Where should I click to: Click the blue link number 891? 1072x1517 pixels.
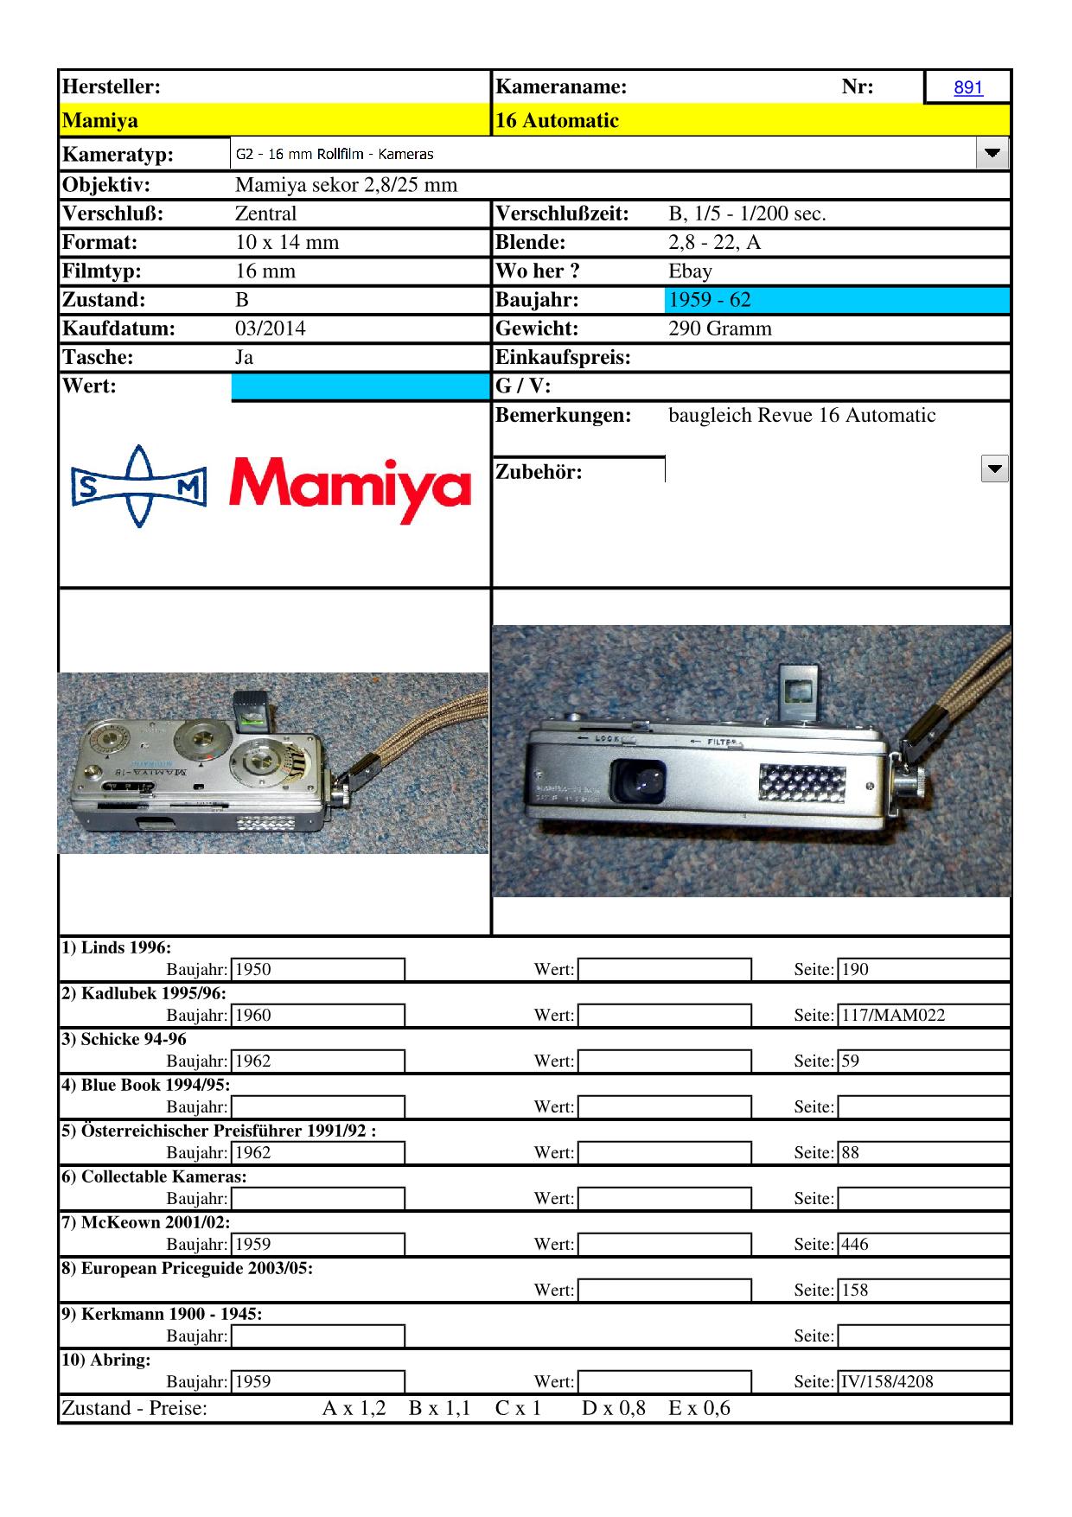point(968,87)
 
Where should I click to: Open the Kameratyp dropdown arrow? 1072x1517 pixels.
point(992,154)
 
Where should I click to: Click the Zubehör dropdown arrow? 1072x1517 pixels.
point(995,469)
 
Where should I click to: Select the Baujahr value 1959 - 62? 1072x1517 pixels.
point(709,300)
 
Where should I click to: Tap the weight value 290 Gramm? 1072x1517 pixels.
point(719,328)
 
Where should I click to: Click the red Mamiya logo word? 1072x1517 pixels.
point(350,488)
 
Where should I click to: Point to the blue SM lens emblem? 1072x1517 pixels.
point(138,487)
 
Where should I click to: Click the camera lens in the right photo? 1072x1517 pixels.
point(638,781)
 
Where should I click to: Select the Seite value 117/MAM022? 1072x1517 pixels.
point(893,1016)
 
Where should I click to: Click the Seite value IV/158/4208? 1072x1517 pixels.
point(887,1381)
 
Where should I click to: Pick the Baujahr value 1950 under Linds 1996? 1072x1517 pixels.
point(253,970)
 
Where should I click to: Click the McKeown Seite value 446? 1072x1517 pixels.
point(854,1245)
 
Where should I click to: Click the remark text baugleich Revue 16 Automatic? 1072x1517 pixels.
point(801,415)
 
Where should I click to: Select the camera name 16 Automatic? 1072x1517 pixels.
point(557,120)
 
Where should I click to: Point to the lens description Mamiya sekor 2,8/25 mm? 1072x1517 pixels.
point(346,185)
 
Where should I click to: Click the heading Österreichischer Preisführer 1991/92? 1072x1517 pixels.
point(218,1131)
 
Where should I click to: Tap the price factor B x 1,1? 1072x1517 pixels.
point(438,1409)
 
